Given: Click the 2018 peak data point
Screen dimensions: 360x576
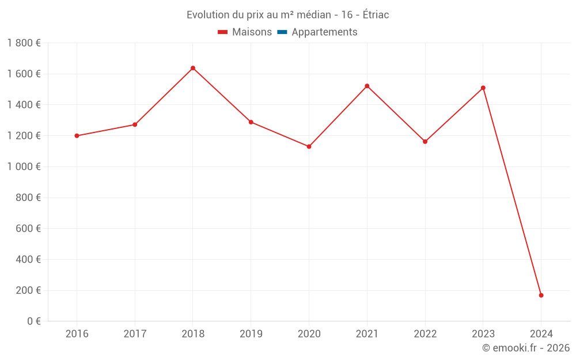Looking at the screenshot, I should coord(193,68).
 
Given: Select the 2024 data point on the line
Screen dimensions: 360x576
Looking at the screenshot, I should coord(541,295).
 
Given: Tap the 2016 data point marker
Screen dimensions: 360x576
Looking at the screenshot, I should coord(77,136).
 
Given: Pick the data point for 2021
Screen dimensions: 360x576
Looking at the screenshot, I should coord(367,86).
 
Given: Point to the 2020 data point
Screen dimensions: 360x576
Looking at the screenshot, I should coord(309,146).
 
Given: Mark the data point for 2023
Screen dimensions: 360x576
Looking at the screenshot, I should coord(483,88).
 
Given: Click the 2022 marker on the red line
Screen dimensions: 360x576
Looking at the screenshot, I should coord(425,141).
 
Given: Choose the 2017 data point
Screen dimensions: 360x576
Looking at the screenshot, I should coord(135,124).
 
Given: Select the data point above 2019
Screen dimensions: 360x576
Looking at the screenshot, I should coord(251,122).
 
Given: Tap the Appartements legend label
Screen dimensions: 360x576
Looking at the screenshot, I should coord(324,32).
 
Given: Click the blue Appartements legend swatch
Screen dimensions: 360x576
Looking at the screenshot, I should coord(282,32).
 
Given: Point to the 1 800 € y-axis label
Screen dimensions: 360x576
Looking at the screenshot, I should coord(24,43).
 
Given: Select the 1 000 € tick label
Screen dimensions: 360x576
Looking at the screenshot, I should coord(24,167).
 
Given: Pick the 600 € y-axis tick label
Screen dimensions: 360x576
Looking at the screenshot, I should coord(28,229).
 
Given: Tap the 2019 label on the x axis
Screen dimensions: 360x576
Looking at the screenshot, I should coord(251,334).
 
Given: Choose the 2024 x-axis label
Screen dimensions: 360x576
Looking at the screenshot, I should coord(541,334).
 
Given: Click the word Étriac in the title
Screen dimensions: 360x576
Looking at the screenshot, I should coord(374,15).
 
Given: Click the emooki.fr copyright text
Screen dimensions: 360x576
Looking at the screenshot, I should coord(526,348).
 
